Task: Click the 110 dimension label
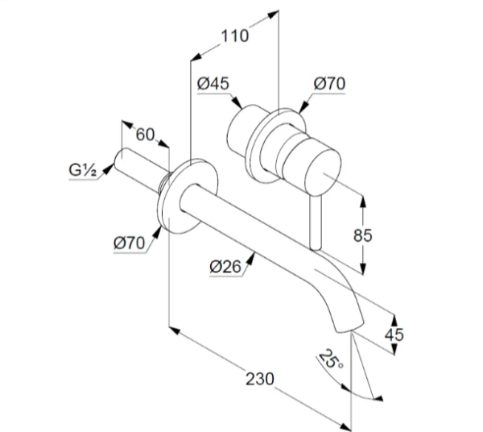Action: click(235, 36)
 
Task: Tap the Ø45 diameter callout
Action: click(213, 84)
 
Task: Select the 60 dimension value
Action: click(145, 135)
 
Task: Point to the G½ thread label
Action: click(83, 170)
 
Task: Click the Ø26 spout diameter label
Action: click(225, 267)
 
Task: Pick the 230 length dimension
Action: click(260, 379)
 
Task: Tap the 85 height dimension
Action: click(362, 235)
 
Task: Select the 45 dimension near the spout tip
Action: click(394, 334)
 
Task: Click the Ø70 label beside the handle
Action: click(329, 84)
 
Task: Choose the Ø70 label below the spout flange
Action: click(129, 243)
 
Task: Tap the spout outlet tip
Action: click(349, 328)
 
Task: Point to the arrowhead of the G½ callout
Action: click(108, 169)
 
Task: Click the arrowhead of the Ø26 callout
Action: click(251, 259)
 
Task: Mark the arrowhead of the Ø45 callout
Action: click(237, 102)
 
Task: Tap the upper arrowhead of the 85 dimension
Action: click(363, 201)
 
